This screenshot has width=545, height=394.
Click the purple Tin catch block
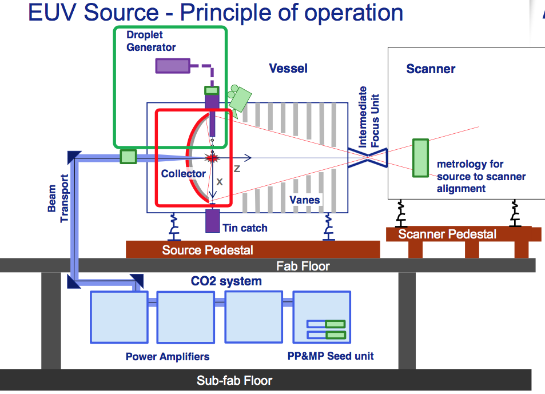click(x=212, y=221)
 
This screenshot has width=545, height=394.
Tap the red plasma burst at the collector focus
click(x=213, y=157)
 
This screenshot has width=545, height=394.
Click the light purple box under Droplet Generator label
click(x=173, y=66)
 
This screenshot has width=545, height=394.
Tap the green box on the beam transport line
click(x=128, y=156)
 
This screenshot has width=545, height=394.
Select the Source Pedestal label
click(x=208, y=250)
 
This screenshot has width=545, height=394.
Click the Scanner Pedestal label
click(x=447, y=234)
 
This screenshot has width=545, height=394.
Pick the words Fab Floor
click(x=303, y=266)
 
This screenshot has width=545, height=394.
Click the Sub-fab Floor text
click(x=234, y=380)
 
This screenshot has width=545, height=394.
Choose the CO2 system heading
click(x=226, y=281)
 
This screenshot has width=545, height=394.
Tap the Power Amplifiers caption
click(x=168, y=357)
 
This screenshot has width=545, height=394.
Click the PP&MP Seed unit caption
click(x=331, y=356)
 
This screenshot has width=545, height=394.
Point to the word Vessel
click(x=288, y=69)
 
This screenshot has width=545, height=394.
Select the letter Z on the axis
click(x=237, y=169)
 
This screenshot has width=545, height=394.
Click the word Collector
click(x=183, y=173)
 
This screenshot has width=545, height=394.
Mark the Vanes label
click(x=305, y=200)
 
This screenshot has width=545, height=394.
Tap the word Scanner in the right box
click(x=431, y=69)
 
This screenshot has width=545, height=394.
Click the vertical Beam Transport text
click(x=57, y=203)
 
